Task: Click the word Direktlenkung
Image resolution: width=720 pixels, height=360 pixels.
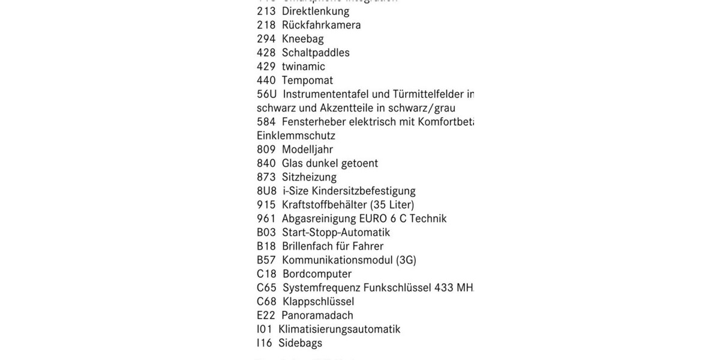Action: pyautogui.click(x=316, y=11)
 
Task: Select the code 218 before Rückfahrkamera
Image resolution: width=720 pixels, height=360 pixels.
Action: pyautogui.click(x=266, y=25)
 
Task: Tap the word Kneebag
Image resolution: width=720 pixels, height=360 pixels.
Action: pyautogui.click(x=303, y=38)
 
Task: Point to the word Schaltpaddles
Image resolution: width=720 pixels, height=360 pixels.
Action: pyautogui.click(x=316, y=52)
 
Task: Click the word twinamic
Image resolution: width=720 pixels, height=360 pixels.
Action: pyautogui.click(x=304, y=66)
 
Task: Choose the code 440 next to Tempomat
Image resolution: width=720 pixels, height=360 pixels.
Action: pyautogui.click(x=266, y=80)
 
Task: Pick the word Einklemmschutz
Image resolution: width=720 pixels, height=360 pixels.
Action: pyautogui.click(x=296, y=136)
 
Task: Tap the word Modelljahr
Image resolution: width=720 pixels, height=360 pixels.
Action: pyautogui.click(x=307, y=149)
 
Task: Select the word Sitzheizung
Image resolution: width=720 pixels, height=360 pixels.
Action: pyautogui.click(x=309, y=177)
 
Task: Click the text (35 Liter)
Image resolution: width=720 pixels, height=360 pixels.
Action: pyautogui.click(x=388, y=205)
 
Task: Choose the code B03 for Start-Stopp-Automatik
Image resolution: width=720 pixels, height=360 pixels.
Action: pyautogui.click(x=266, y=232)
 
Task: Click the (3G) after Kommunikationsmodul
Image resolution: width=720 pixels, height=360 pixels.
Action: pyautogui.click(x=406, y=260)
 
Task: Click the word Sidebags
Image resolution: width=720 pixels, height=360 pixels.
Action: pyautogui.click(x=300, y=343)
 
